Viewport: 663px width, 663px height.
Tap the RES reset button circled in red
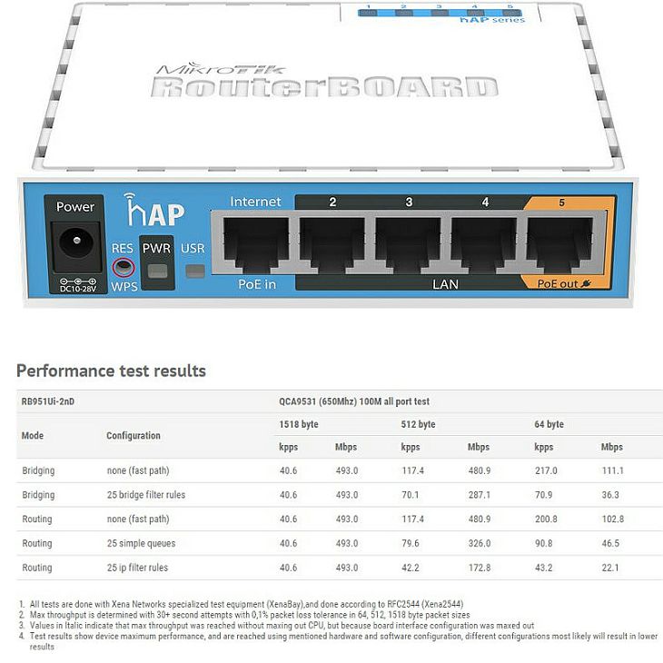click(124, 267)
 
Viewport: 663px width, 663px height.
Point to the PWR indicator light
click(157, 271)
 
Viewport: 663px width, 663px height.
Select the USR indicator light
click(195, 271)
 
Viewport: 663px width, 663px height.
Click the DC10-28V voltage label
click(78, 289)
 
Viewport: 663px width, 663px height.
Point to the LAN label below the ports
click(445, 284)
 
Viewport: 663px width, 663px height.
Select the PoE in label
click(257, 284)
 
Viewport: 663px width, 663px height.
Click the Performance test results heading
click(111, 371)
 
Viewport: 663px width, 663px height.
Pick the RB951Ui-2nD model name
click(48, 401)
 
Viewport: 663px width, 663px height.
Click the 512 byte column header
click(418, 424)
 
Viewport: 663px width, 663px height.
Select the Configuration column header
click(134, 436)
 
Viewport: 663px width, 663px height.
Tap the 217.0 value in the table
click(546, 470)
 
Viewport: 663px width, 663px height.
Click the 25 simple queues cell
click(141, 543)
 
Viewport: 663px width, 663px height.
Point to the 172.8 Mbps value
click(480, 568)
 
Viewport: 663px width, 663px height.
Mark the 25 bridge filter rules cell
click(146, 495)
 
